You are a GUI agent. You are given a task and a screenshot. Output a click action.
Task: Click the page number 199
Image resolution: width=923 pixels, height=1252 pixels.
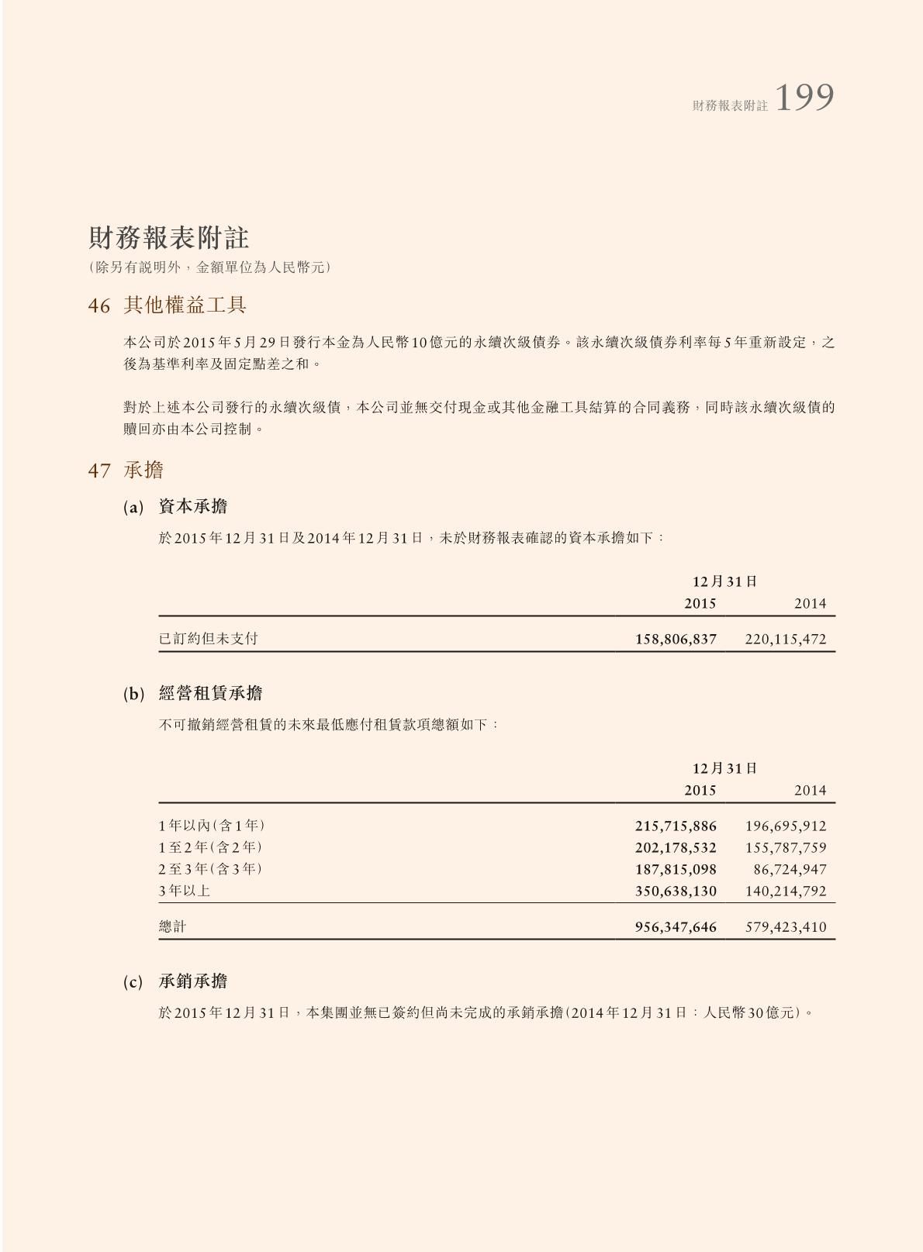tap(804, 98)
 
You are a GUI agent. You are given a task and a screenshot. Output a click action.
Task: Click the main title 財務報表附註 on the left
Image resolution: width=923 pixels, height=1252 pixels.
tap(168, 238)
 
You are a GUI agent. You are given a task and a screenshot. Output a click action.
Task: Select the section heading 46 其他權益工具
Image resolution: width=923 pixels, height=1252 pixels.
tap(167, 305)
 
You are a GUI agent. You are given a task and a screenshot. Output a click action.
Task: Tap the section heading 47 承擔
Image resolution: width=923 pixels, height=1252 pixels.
tap(126, 470)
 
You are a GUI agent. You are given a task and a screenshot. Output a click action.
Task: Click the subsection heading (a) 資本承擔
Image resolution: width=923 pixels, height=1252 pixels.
tap(175, 507)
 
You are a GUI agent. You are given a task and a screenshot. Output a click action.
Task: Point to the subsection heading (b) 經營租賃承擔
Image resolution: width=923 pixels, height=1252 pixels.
tap(192, 694)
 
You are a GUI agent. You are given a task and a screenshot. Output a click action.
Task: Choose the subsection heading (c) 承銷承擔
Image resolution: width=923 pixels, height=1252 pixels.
tap(175, 981)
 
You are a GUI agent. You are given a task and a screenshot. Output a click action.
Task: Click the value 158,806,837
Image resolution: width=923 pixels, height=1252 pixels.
tap(676, 640)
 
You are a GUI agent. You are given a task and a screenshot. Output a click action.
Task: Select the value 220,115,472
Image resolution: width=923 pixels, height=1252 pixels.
tap(785, 640)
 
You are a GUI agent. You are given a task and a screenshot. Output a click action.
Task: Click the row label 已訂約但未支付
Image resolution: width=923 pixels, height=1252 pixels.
tap(209, 639)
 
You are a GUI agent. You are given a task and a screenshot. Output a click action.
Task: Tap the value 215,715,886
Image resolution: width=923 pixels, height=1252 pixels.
tap(676, 826)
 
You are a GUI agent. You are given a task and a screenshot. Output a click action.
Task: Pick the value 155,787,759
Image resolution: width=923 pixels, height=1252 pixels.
tap(785, 848)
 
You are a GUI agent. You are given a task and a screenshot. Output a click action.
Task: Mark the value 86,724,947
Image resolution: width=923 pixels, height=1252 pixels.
tap(790, 870)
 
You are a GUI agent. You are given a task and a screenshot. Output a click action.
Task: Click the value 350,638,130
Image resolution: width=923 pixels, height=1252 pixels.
tap(676, 892)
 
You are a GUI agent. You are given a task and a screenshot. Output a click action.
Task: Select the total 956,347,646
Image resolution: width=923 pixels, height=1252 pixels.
tap(676, 927)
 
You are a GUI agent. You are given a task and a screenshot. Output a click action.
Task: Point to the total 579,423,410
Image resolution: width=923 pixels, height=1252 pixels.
tap(785, 927)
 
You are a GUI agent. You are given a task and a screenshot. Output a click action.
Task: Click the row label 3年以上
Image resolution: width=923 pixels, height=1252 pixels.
tap(185, 891)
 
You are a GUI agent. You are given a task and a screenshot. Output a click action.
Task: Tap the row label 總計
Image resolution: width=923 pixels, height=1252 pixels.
tap(172, 926)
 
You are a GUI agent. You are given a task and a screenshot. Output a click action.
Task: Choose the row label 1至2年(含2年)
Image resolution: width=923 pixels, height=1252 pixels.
tap(210, 847)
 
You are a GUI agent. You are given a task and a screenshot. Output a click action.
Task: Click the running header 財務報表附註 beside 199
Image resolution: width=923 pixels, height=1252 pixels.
tap(730, 105)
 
